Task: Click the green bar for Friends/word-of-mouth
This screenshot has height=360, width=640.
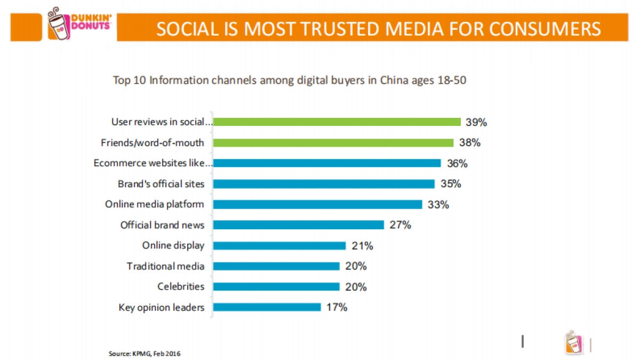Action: coord(333,142)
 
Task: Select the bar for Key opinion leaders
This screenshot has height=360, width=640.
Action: coord(267,307)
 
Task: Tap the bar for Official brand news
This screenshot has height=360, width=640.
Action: coord(299,225)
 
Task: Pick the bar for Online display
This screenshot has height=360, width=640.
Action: coord(279,245)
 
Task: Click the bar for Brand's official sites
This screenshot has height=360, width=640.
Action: coord(324,184)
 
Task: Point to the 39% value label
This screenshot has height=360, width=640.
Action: coord(476,122)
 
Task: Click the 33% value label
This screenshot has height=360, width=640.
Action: coord(438,205)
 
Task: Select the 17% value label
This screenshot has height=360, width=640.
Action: coord(337,307)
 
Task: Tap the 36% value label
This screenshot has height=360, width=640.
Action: coord(457,164)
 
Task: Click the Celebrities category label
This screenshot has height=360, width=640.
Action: coord(181,286)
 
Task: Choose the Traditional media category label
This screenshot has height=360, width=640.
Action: coord(165,266)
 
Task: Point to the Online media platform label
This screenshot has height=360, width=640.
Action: coord(155,204)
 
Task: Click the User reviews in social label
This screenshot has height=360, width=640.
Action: coord(162,122)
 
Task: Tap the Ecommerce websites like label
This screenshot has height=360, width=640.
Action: coord(153,163)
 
